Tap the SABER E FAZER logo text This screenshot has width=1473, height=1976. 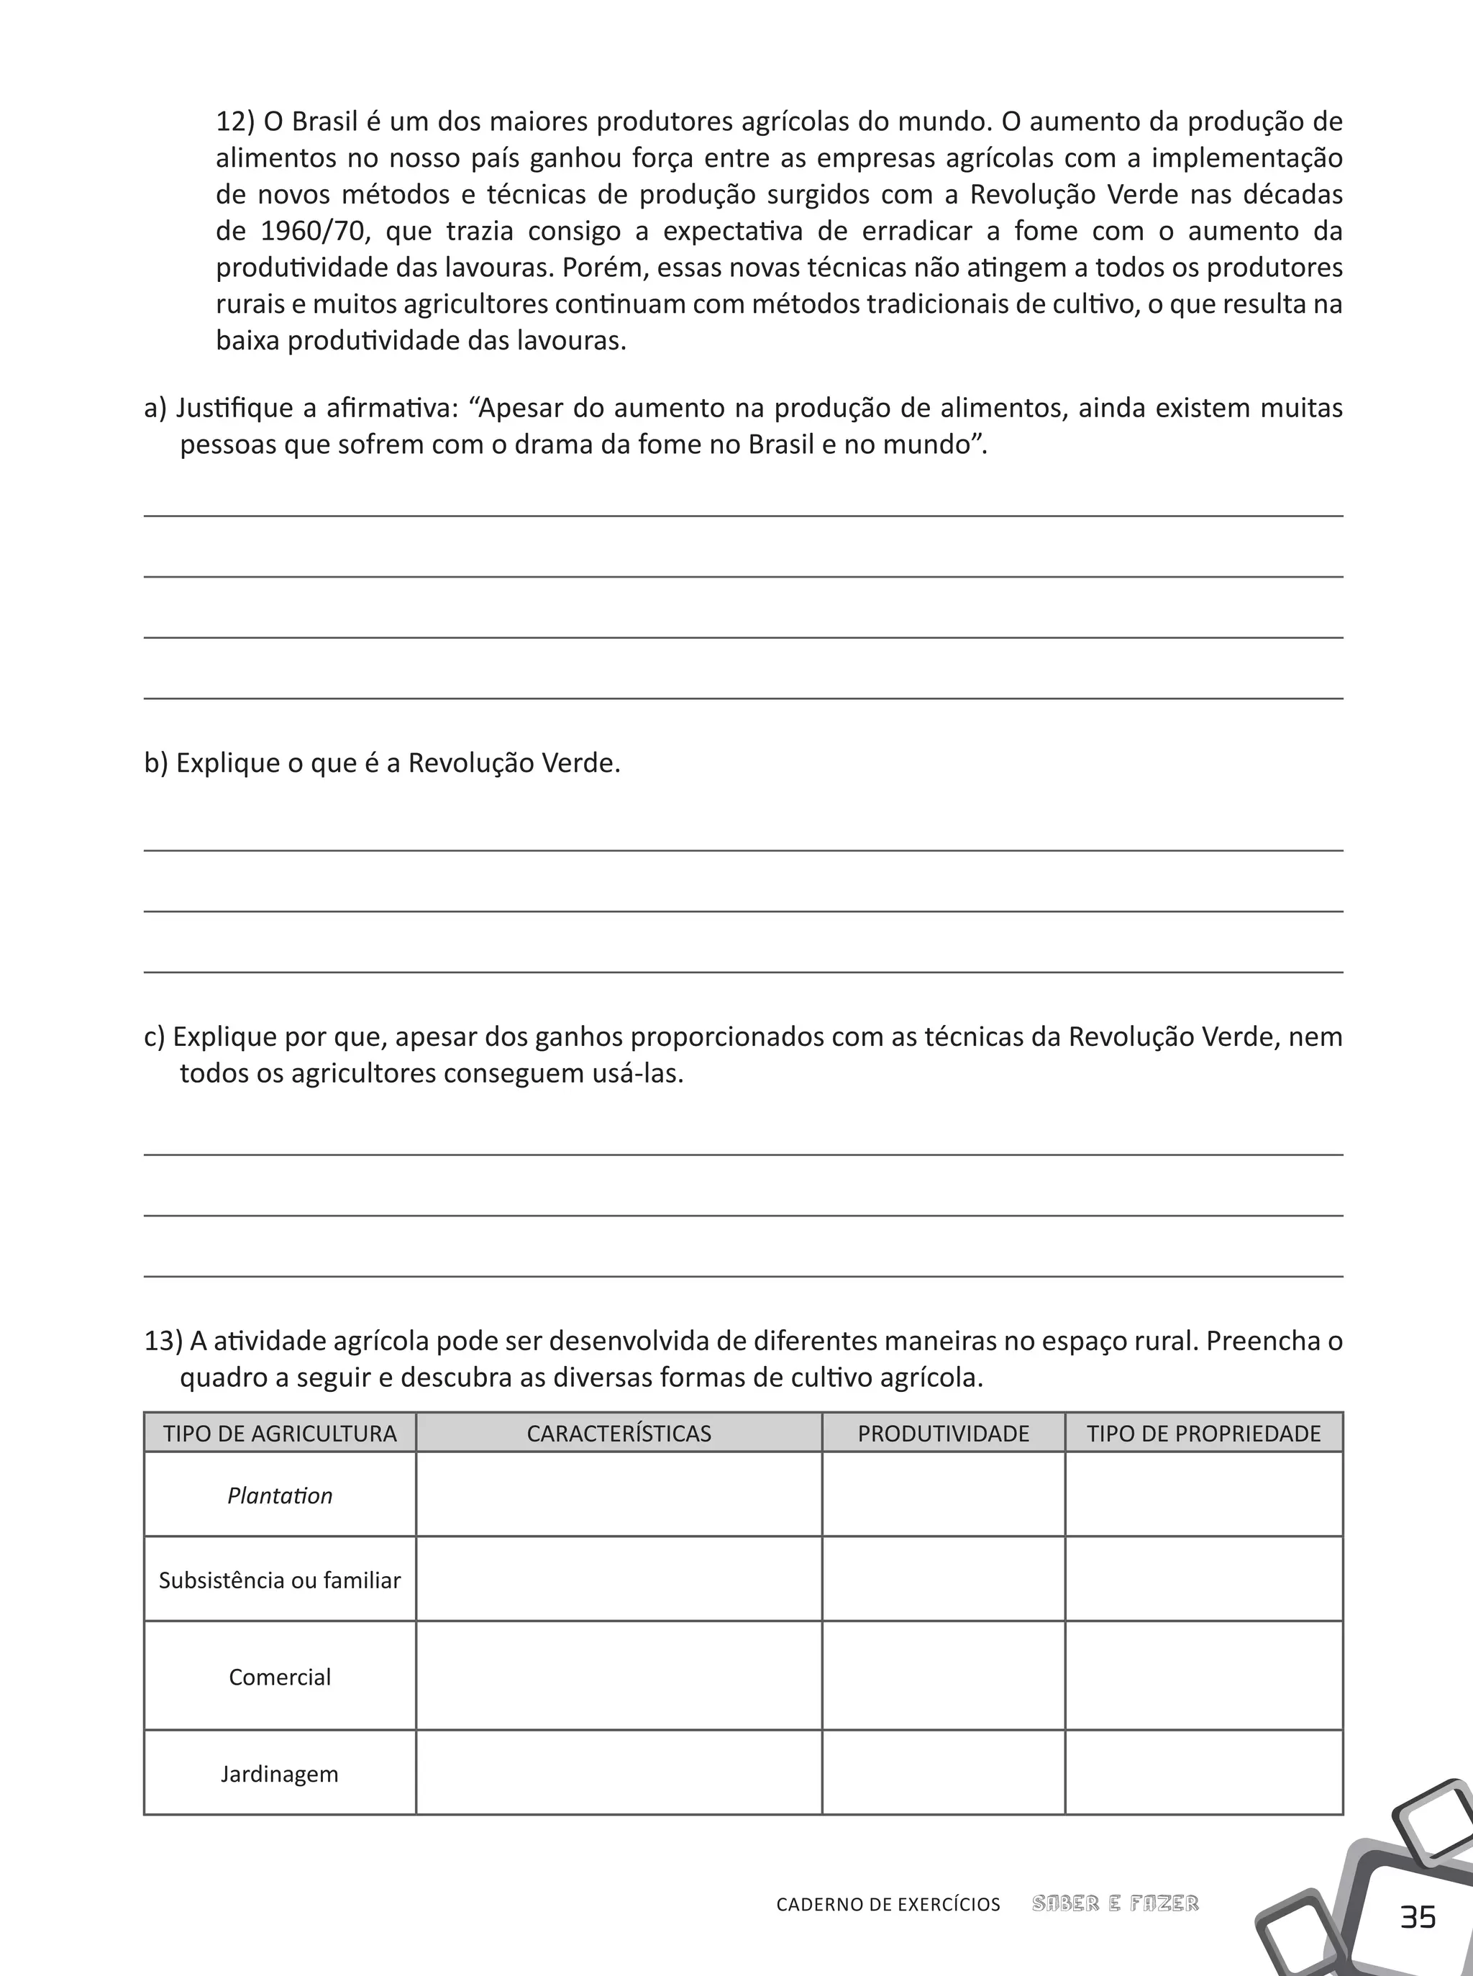click(1115, 1904)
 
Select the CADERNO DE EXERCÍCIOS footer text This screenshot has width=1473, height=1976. click(888, 1905)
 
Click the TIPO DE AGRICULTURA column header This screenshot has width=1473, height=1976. click(280, 1434)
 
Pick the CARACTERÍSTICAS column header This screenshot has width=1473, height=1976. click(619, 1434)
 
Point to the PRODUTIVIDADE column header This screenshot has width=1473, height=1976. click(944, 1434)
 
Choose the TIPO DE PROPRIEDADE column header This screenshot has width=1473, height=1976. click(1204, 1434)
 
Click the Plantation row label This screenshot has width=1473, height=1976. click(280, 1495)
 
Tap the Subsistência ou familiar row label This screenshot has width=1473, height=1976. click(280, 1580)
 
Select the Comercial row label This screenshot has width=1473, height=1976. click(280, 1677)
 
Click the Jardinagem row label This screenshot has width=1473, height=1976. click(280, 1774)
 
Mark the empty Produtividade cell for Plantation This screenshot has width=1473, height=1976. click(944, 1495)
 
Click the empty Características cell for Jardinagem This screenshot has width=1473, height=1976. click(619, 1774)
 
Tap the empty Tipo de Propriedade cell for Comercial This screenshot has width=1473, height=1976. click(1204, 1677)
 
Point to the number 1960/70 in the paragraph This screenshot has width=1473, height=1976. click(314, 232)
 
